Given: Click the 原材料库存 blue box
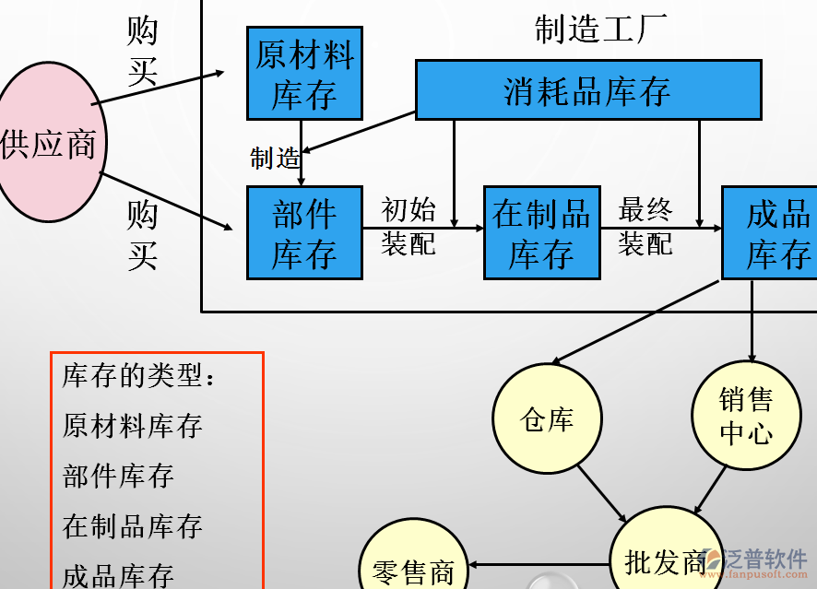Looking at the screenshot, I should [304, 74].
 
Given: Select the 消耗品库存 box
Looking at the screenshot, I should [588, 90].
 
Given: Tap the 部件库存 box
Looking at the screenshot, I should [304, 232].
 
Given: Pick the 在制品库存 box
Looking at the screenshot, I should [542, 232].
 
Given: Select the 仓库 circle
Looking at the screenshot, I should [547, 419].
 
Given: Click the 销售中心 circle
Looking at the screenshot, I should [746, 416].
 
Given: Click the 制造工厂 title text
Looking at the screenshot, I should [601, 29].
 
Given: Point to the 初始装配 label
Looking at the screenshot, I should [408, 226].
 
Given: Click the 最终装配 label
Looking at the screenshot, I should [645, 226].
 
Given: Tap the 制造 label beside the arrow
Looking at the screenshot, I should [275, 159].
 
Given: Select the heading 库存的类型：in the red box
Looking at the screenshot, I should [139, 376].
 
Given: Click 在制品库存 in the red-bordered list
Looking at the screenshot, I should [132, 526].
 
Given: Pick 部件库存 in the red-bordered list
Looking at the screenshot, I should [118, 476].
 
